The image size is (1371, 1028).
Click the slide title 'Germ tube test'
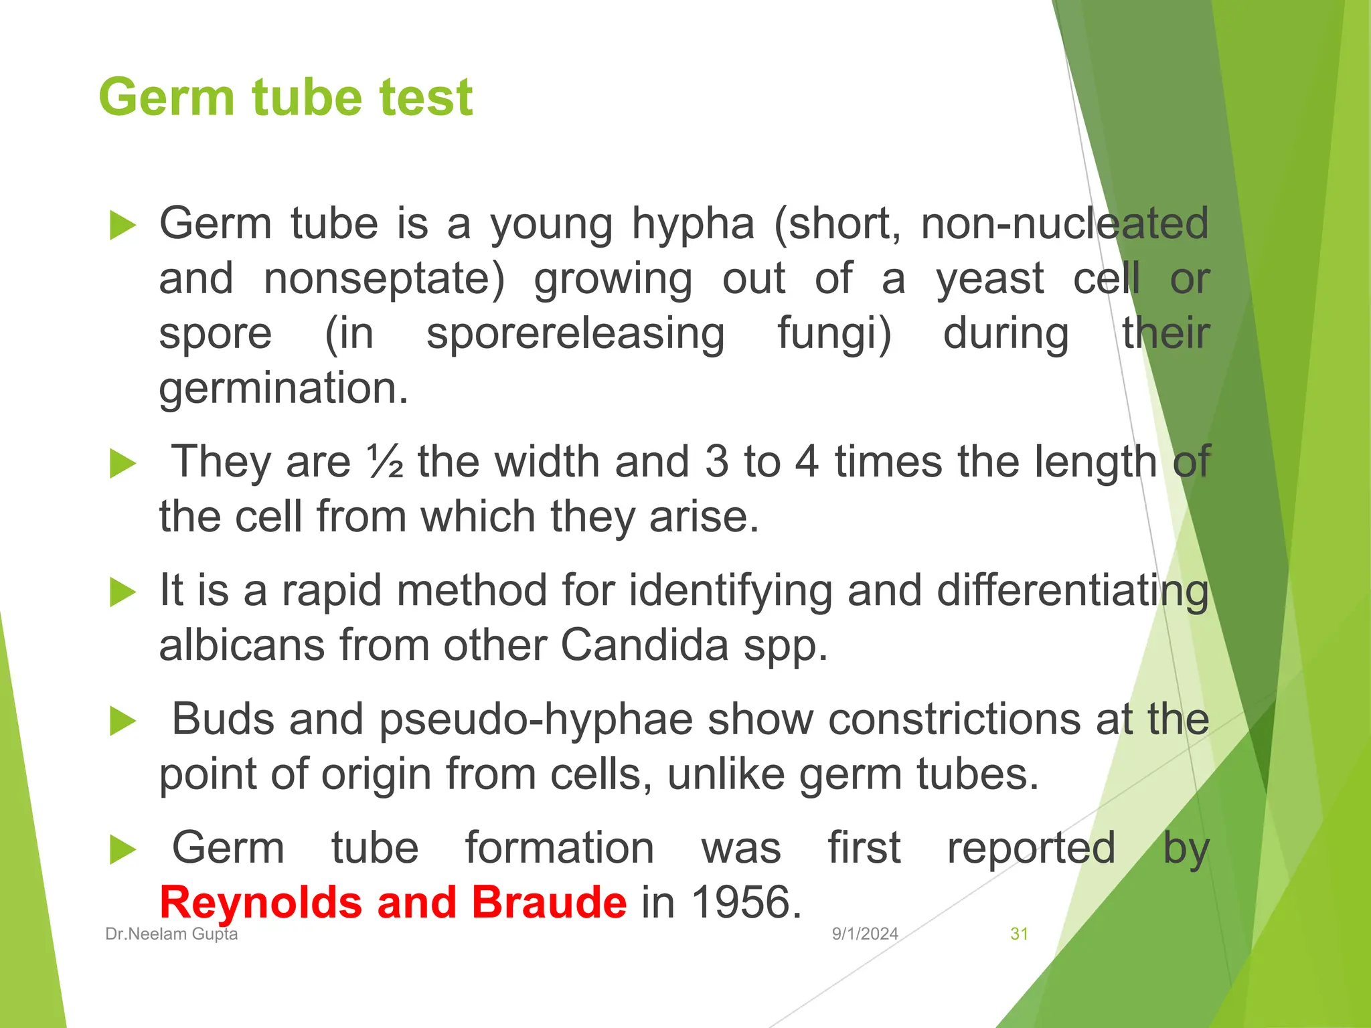(x=286, y=98)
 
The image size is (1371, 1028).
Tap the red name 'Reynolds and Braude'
(x=393, y=902)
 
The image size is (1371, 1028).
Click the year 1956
(x=746, y=902)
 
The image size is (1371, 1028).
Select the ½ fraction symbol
(x=385, y=462)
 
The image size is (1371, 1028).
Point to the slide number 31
(x=1019, y=934)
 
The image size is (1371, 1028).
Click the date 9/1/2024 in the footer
(x=865, y=934)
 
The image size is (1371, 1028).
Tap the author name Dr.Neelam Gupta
(x=171, y=934)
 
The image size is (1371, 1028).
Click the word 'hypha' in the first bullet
(x=693, y=224)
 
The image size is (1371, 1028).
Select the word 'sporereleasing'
(x=575, y=333)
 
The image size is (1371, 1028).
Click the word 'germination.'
(x=283, y=388)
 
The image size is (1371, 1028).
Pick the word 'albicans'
(x=242, y=645)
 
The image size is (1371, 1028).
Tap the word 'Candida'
(x=644, y=645)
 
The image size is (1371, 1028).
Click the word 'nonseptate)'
(x=384, y=278)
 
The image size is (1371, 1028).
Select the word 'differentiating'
(x=1072, y=591)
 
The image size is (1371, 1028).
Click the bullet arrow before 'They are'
(x=122, y=464)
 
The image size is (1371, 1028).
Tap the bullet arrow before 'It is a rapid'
(x=122, y=592)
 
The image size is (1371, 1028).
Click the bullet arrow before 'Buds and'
(x=122, y=721)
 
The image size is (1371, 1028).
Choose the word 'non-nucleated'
(x=1064, y=224)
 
